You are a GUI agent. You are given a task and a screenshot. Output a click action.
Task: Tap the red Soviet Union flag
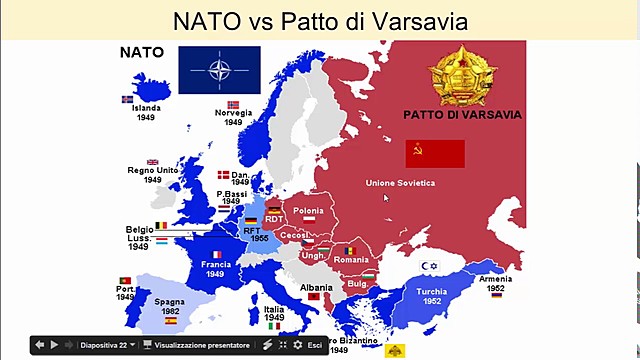click(435, 153)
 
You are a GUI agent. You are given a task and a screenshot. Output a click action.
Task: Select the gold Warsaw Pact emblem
click(462, 73)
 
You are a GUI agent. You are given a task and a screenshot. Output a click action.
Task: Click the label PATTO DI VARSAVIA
click(462, 115)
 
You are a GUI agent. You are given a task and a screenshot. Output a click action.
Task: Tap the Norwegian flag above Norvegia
click(233, 104)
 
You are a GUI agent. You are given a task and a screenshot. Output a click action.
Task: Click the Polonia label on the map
click(309, 211)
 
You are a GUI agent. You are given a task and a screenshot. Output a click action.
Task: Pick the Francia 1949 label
click(215, 269)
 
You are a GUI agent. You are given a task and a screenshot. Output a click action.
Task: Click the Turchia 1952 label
click(432, 297)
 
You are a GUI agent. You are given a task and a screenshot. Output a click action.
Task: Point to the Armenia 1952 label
click(495, 283)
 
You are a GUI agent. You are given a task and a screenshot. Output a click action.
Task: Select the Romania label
click(351, 260)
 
